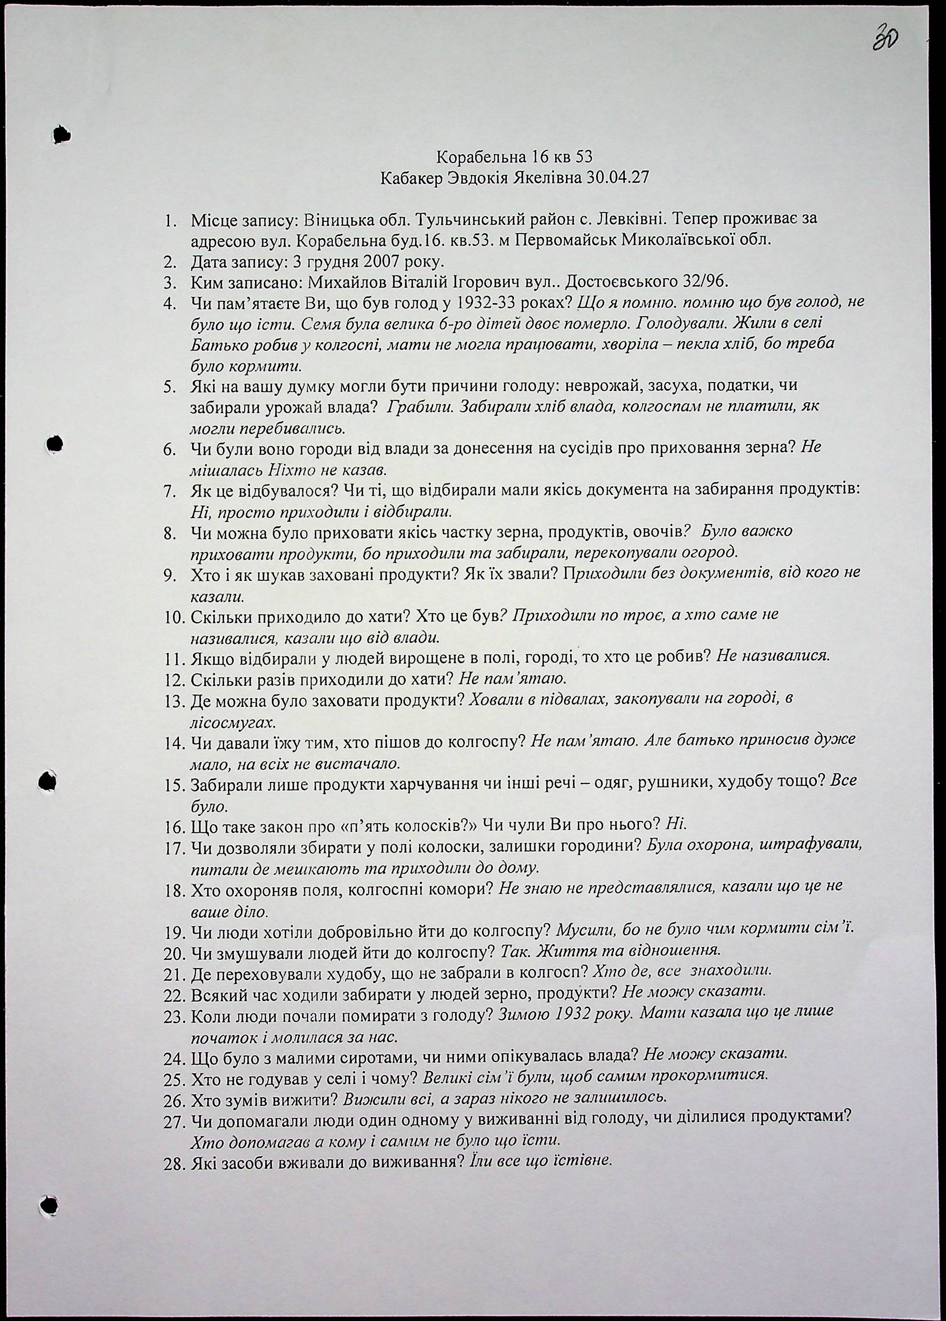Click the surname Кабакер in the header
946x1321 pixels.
pyautogui.click(x=411, y=178)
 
